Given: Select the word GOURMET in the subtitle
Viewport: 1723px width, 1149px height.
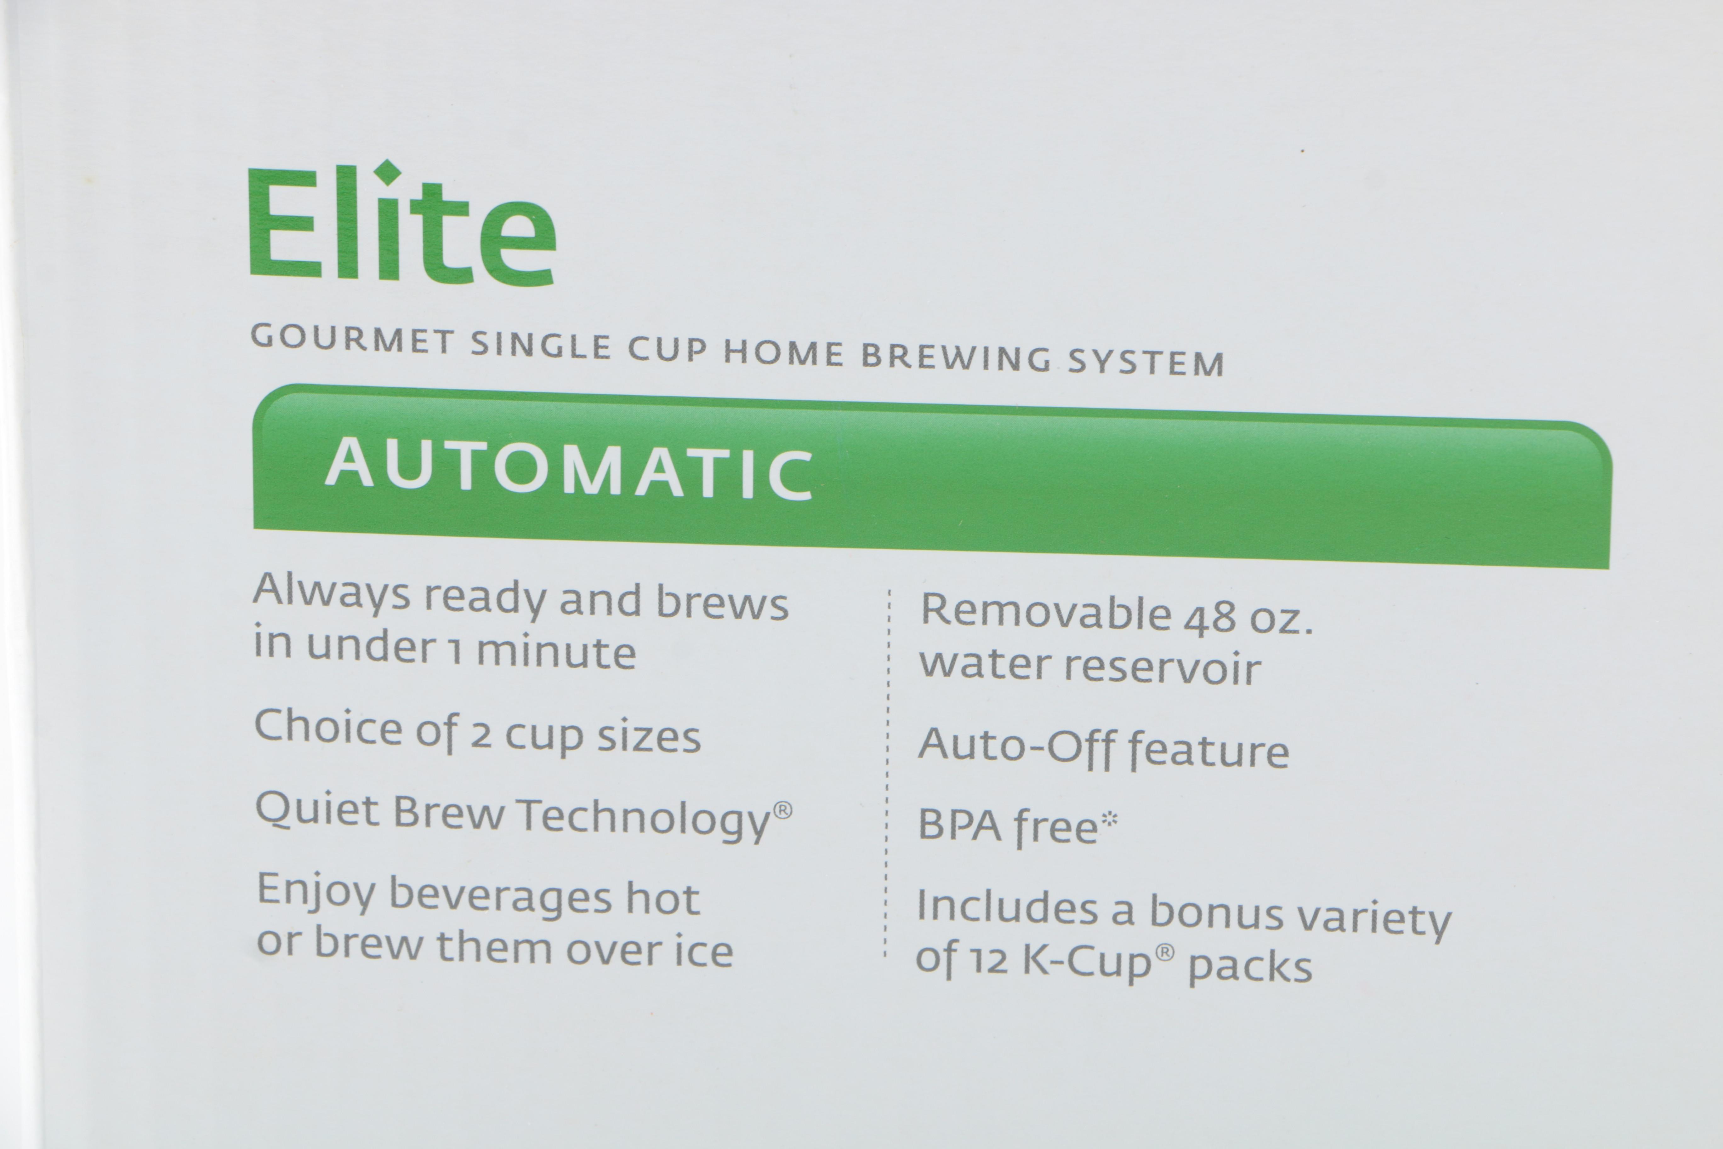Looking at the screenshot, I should [352, 340].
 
